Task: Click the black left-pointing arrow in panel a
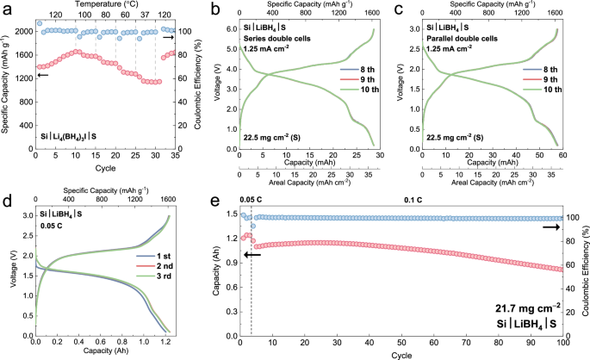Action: click(42, 75)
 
